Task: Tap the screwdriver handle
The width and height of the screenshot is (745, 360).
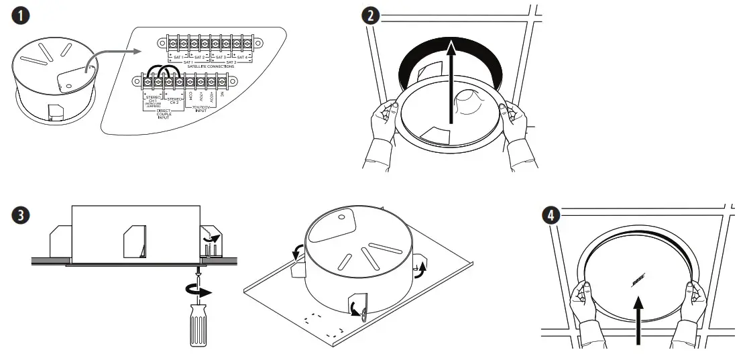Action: pos(199,329)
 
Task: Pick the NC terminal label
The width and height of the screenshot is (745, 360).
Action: pos(221,96)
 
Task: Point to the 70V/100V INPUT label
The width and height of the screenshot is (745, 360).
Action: pos(199,109)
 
